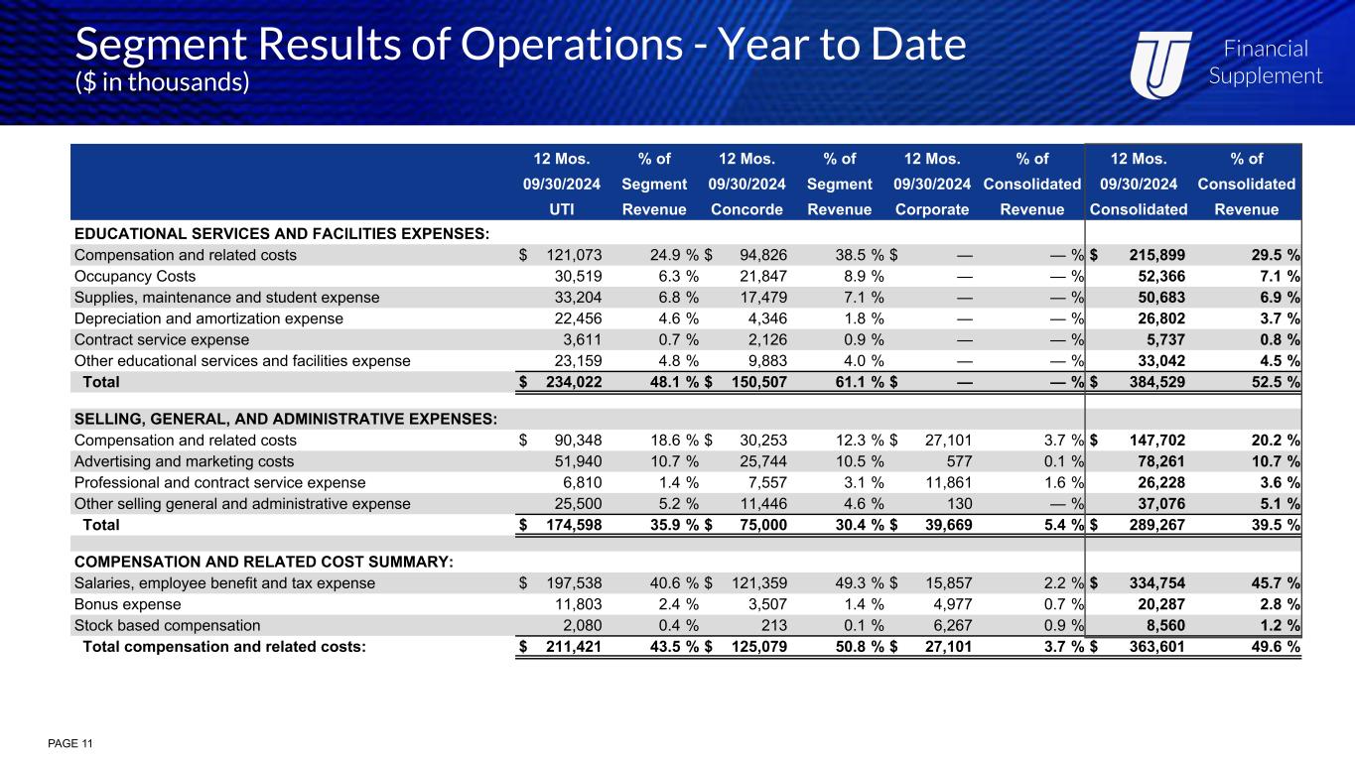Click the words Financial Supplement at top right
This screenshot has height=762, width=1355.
point(1265,63)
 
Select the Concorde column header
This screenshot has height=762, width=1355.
point(747,210)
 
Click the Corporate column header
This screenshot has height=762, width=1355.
point(931,210)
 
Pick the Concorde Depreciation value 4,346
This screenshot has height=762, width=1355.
point(766,318)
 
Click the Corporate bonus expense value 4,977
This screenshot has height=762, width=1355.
point(950,604)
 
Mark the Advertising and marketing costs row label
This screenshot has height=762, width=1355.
point(184,461)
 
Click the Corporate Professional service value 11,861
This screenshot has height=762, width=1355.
point(946,482)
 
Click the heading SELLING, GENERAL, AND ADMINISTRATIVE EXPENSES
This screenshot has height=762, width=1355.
point(285,420)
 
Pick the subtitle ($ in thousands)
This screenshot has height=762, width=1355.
point(162,82)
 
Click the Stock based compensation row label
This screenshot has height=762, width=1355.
point(167,625)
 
